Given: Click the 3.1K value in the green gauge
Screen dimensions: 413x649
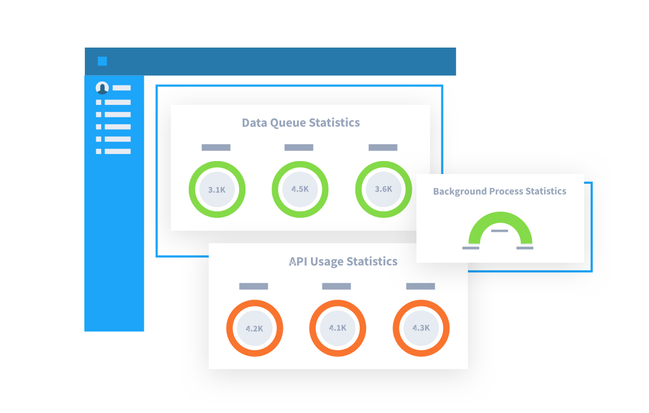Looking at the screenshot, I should pyautogui.click(x=217, y=190).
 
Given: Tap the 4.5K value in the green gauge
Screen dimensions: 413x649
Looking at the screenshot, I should pyautogui.click(x=300, y=189).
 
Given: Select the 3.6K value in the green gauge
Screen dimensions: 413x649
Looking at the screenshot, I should pyautogui.click(x=383, y=189).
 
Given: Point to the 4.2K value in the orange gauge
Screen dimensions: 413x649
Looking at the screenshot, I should pyautogui.click(x=254, y=329).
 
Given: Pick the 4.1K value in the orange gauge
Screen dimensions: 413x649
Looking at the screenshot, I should pyautogui.click(x=337, y=328).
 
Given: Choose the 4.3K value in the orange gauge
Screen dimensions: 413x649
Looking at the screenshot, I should pyautogui.click(x=421, y=328).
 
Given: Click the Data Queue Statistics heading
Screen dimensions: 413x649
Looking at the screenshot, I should pyautogui.click(x=301, y=123).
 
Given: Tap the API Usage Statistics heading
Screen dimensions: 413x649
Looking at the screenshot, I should pyautogui.click(x=343, y=262).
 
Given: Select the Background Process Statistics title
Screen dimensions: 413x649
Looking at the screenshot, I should pyautogui.click(x=500, y=191).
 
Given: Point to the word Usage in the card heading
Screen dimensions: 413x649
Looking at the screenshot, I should pyautogui.click(x=328, y=262).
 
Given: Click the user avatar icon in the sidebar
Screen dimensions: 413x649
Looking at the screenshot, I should pyautogui.click(x=102, y=88).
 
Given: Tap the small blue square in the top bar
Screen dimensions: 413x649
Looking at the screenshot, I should pyautogui.click(x=102, y=62).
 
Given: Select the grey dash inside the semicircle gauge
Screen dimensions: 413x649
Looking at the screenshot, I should pyautogui.click(x=500, y=231).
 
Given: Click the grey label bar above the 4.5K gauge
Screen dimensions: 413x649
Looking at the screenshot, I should pyautogui.click(x=299, y=148).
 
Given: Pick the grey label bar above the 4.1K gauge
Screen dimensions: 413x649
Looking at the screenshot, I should pyautogui.click(x=336, y=287).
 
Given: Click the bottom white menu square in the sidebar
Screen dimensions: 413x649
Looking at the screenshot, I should pyautogui.click(x=98, y=151).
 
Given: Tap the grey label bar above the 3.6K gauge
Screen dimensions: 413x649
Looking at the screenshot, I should pyautogui.click(x=383, y=148).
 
